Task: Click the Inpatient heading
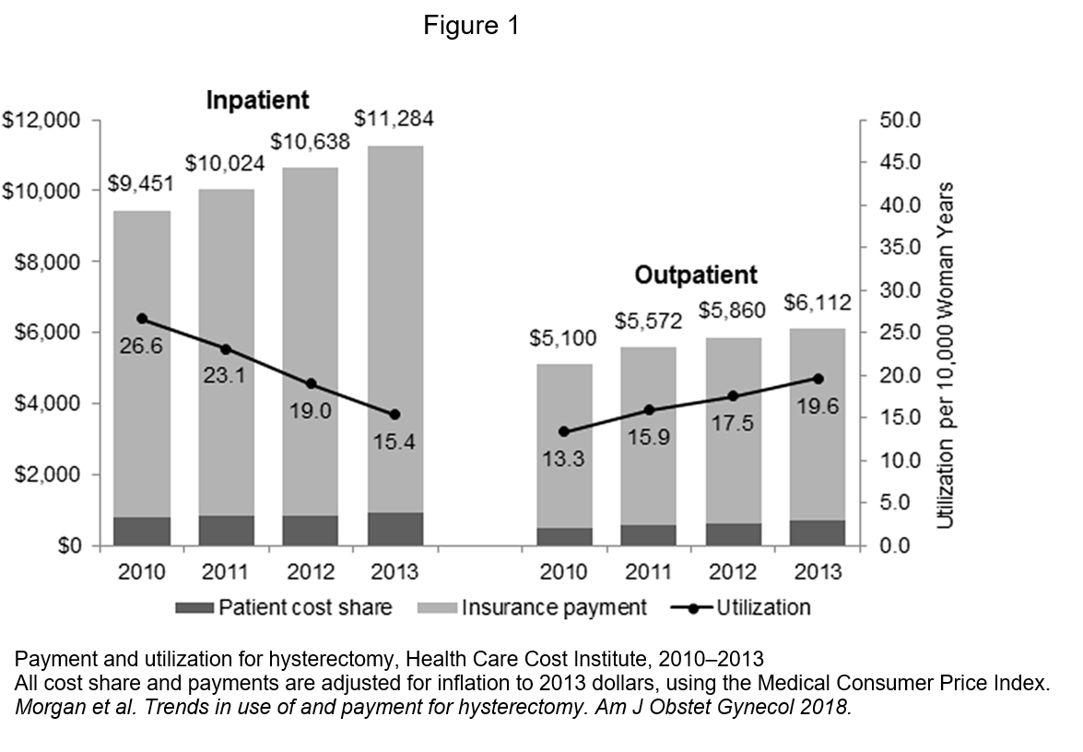(257, 100)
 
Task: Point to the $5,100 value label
(562, 338)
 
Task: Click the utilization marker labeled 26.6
(142, 319)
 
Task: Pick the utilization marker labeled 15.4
(394, 415)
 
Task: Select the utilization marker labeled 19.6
(817, 379)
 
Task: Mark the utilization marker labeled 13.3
(564, 431)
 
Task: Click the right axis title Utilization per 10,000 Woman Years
(945, 355)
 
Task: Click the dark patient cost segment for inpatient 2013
(394, 529)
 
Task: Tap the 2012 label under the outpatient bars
(732, 572)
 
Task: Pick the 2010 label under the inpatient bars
(142, 572)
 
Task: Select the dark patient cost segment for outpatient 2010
(564, 536)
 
